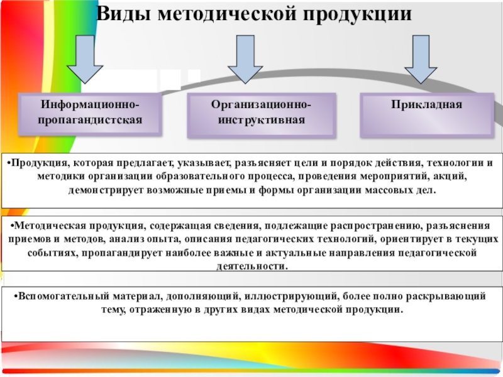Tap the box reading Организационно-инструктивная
(262, 115)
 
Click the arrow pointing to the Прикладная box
(421, 58)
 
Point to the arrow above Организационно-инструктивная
(245, 58)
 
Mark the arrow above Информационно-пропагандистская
(84, 58)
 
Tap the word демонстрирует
(104, 190)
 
